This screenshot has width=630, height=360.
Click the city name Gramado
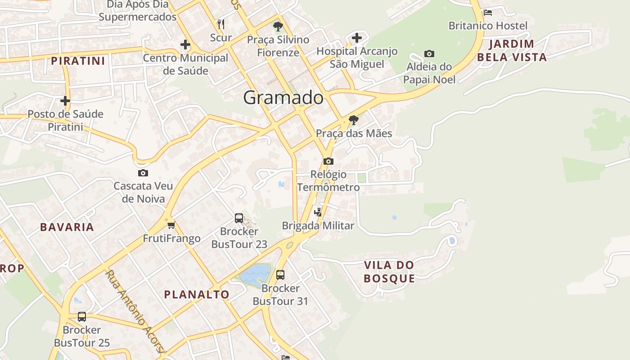point(283,98)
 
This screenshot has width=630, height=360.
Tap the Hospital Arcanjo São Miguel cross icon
point(357,38)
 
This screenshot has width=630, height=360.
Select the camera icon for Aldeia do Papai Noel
point(429,54)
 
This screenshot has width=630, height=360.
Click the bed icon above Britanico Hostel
point(487,13)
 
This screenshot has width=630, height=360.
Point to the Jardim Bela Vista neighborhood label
point(512,50)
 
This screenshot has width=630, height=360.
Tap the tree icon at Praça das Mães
point(354,120)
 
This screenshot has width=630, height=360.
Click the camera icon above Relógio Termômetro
point(328,161)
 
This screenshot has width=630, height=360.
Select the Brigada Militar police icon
point(318,212)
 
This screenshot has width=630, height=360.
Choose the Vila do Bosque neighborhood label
point(389,271)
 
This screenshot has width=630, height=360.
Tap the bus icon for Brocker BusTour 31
point(280,274)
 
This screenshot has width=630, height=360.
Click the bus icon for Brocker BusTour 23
point(239,218)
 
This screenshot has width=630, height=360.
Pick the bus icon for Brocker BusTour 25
point(82,317)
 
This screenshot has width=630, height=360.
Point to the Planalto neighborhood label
point(197,295)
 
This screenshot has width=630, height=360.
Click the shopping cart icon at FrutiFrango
point(171,225)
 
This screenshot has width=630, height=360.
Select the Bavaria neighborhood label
point(67,227)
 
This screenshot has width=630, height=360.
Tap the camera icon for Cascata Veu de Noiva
point(143,173)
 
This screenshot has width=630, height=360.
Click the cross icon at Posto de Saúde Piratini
point(65,101)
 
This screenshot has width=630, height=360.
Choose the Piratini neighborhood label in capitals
point(78,61)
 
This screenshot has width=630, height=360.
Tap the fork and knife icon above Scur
point(220,24)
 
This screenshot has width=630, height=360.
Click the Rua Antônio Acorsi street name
point(135,310)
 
